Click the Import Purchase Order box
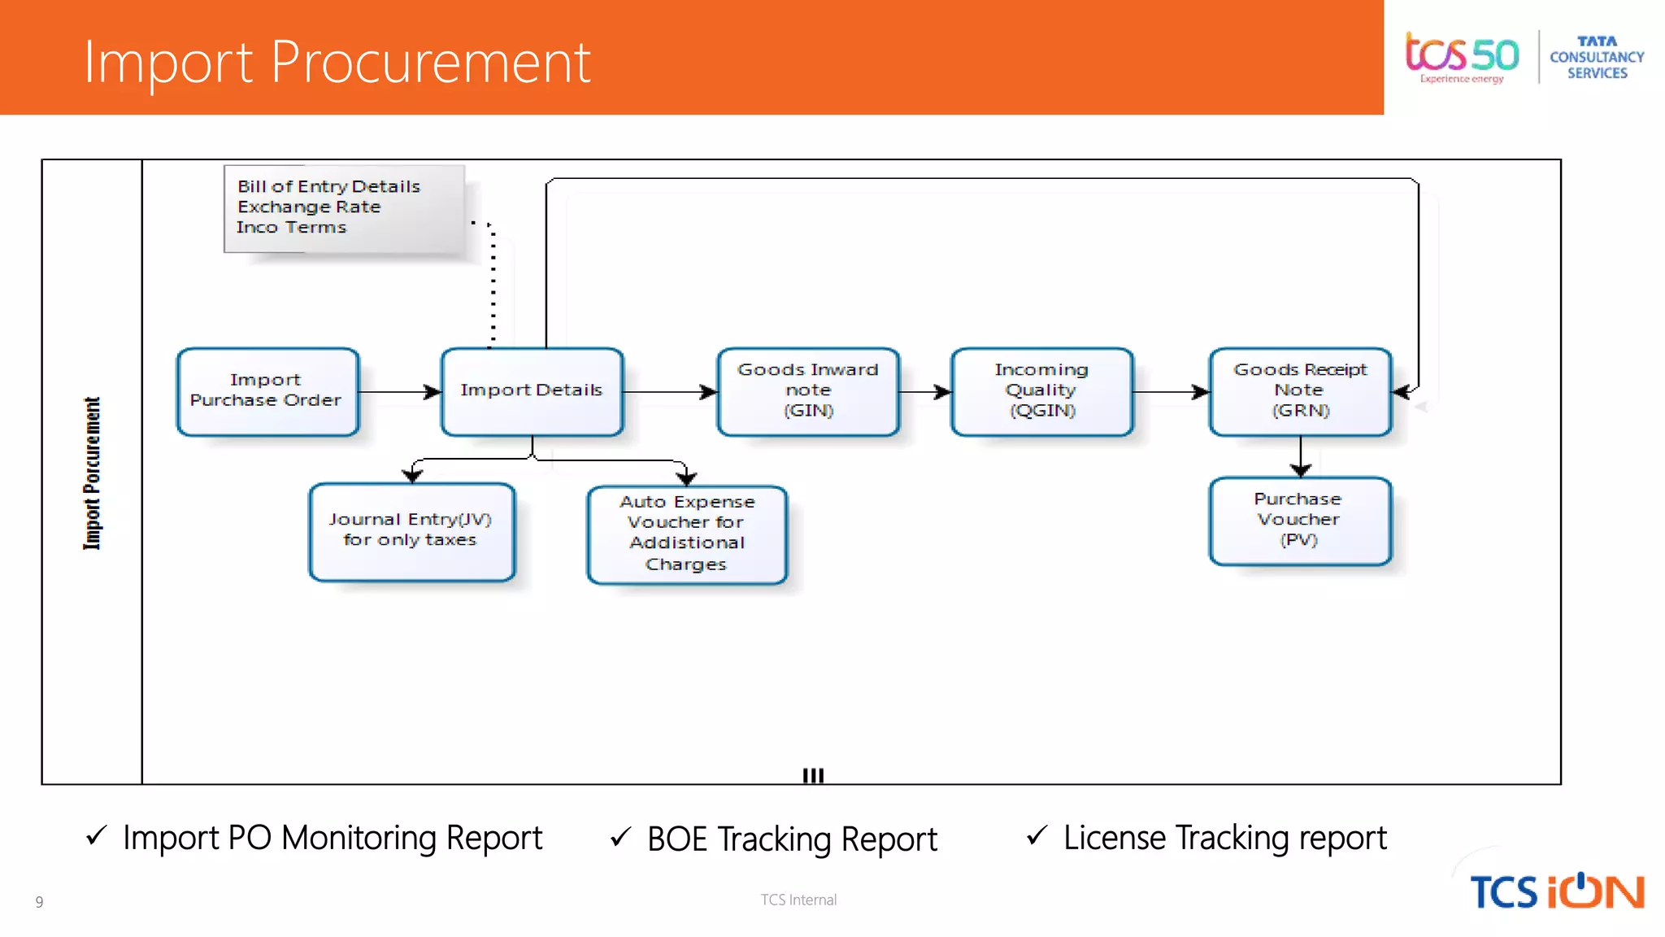[x=267, y=391]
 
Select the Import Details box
[x=532, y=391]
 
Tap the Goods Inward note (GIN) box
[x=808, y=391]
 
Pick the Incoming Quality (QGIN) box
[x=1041, y=391]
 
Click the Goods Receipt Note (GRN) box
[x=1300, y=391]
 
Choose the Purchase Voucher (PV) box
[x=1300, y=521]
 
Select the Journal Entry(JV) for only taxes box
[x=411, y=531]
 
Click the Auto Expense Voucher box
[x=687, y=534]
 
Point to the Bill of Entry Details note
[x=344, y=208]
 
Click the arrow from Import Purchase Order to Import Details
[x=399, y=392]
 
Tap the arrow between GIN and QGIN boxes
[x=924, y=392]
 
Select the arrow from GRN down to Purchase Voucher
[x=1300, y=456]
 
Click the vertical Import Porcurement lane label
[x=92, y=473]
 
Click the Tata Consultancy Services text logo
[x=1597, y=57]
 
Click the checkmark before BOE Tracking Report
[x=620, y=837]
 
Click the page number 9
[x=39, y=901]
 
